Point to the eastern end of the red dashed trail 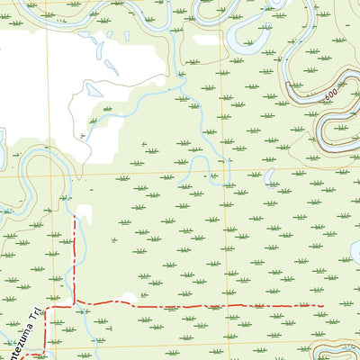click(x=322, y=306)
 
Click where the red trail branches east click(x=74, y=300)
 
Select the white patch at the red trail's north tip click(x=85, y=213)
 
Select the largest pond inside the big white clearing click(x=94, y=90)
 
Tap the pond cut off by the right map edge click(x=355, y=253)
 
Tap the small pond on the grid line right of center click(x=268, y=175)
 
